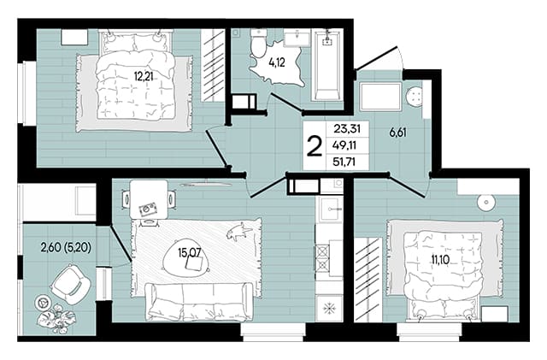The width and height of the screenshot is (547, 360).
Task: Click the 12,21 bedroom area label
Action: click(144, 75)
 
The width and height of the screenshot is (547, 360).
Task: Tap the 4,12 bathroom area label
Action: click(277, 63)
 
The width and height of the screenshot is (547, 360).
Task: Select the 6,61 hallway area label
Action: click(398, 133)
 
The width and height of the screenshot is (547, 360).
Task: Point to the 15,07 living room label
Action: click(190, 252)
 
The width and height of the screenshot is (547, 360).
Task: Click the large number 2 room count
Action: click(314, 147)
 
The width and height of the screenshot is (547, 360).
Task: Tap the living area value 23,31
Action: click(347, 129)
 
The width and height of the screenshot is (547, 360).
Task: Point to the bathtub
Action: click(327, 65)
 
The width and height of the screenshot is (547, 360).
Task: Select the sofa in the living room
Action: click(199, 301)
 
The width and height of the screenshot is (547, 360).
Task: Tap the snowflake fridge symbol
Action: click(328, 308)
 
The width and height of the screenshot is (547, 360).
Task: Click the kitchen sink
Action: click(330, 210)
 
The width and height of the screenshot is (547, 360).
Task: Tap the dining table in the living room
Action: click(148, 199)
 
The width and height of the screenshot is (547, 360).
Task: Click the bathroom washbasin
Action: click(297, 38)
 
